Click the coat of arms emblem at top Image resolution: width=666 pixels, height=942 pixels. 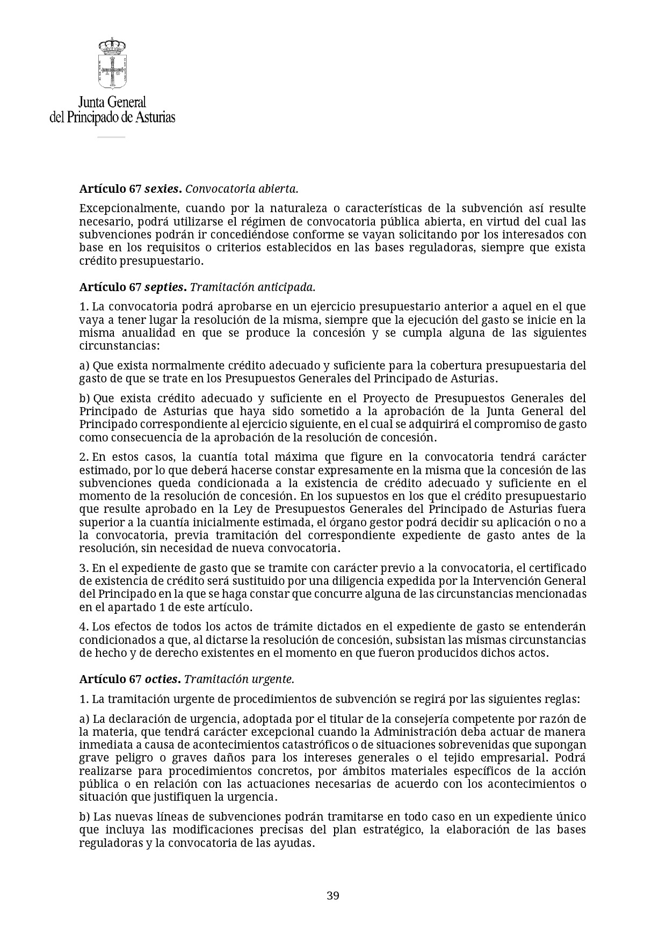pyautogui.click(x=112, y=63)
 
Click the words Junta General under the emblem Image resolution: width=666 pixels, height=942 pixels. pyautogui.click(x=112, y=102)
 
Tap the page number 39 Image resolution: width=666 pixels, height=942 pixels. pyautogui.click(x=333, y=895)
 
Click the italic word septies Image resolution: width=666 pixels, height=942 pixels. pyautogui.click(x=165, y=287)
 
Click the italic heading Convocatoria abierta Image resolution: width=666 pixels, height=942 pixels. pyautogui.click(x=241, y=189)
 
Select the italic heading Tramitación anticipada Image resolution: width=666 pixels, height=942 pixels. pyautogui.click(x=252, y=287)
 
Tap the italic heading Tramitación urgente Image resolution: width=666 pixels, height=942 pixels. pyautogui.click(x=239, y=679)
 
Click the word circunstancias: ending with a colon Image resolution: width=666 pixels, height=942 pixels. pyautogui.click(x=120, y=346)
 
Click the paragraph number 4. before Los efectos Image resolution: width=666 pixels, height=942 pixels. pyautogui.click(x=84, y=627)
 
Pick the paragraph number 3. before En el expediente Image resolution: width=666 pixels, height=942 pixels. pyautogui.click(x=84, y=568)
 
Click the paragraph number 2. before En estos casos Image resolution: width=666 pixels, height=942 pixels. pyautogui.click(x=84, y=457)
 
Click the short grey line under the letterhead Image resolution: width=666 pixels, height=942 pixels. pyautogui.click(x=111, y=137)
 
